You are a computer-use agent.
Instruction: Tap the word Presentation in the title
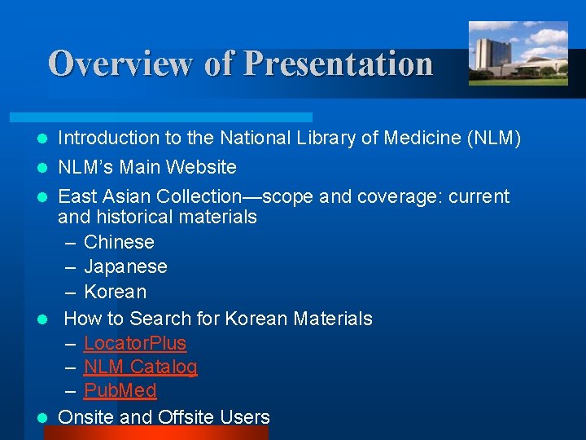point(338,64)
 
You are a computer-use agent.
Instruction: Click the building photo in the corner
point(518,54)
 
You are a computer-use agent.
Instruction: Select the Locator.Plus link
point(134,343)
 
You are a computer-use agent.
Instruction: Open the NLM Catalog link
point(140,367)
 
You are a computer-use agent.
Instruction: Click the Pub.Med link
point(120,390)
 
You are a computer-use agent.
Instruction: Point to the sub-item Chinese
point(119,242)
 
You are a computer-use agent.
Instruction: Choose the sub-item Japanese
point(125,266)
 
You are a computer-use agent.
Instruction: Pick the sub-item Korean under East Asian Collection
point(115,292)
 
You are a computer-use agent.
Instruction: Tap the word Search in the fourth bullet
point(160,319)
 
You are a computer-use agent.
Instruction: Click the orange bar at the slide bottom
point(155,433)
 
